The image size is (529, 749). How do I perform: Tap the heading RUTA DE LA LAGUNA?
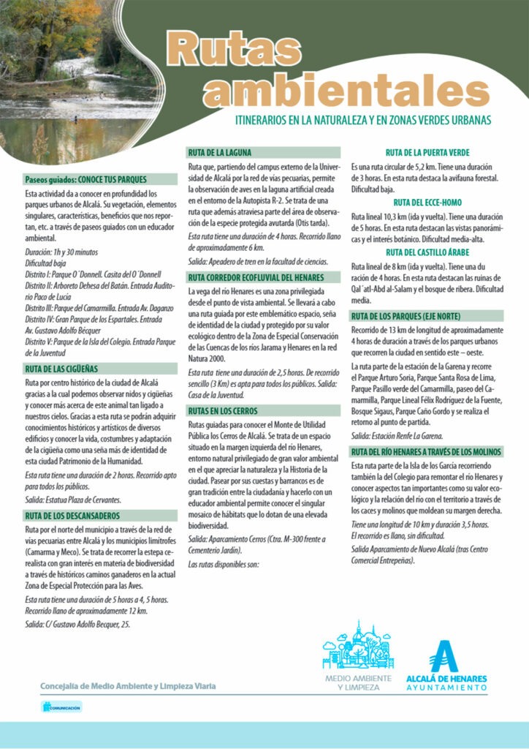220,153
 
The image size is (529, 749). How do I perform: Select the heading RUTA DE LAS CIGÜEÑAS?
61,369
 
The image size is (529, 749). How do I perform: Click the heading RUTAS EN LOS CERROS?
223,411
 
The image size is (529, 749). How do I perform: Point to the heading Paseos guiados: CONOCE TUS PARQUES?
86,179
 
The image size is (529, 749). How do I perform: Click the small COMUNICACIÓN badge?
61,707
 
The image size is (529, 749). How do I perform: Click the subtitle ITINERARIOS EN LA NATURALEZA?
362,118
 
